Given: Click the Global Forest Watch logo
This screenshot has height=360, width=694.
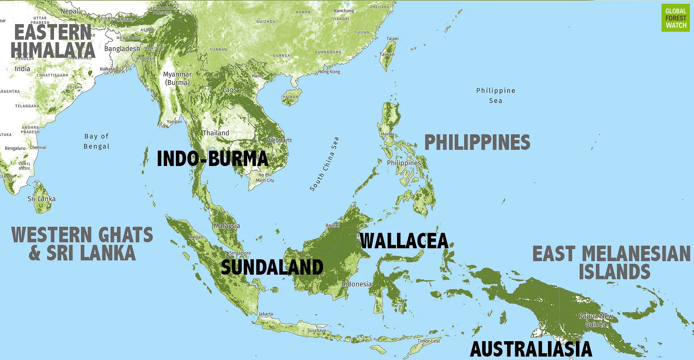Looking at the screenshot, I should [x=676, y=18].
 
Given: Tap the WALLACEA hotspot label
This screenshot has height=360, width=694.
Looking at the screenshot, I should [x=404, y=241].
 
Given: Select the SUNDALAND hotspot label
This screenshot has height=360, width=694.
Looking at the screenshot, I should [x=272, y=267].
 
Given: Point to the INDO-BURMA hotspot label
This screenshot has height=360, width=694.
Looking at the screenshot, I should [x=212, y=158].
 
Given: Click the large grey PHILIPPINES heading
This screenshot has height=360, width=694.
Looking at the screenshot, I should [x=477, y=143].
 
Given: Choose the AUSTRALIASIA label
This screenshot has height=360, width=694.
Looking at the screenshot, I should [x=531, y=349].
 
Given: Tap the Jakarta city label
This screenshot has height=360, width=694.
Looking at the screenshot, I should [x=266, y=314].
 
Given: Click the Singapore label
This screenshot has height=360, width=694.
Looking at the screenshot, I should [x=240, y=253].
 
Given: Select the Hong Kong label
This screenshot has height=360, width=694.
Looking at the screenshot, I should [x=329, y=72].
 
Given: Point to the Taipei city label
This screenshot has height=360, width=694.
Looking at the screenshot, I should [x=392, y=38].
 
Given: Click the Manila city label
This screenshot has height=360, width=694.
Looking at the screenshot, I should [x=388, y=134].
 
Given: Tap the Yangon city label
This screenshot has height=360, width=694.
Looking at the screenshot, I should [x=174, y=122].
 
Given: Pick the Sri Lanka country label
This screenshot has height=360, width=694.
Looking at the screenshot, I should [x=42, y=199].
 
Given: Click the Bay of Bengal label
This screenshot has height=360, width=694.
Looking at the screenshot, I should [x=97, y=141].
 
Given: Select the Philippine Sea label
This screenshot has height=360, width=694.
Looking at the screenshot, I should [x=495, y=95].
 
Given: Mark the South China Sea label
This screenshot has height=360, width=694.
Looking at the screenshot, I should [x=324, y=164].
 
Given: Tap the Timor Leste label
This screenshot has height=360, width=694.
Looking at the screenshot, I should [x=429, y=341].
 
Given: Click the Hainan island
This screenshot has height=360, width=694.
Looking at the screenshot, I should [x=291, y=97].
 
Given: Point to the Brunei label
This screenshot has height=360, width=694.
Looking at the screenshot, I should [x=332, y=225].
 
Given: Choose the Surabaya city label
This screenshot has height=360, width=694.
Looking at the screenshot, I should [x=316, y=330].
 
